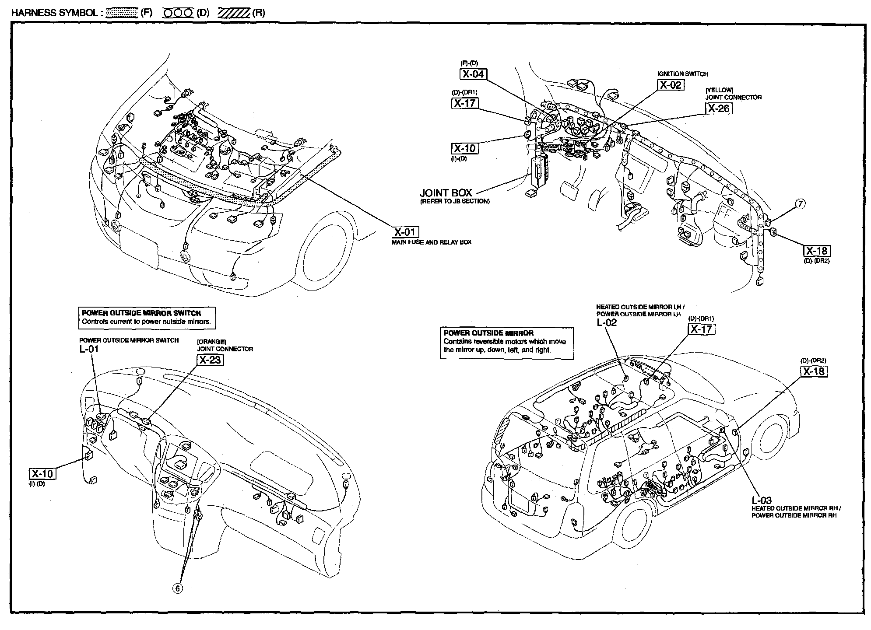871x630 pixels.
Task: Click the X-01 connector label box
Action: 405,232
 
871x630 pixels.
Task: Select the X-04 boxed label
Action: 474,74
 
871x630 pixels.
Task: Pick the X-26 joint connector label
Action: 719,108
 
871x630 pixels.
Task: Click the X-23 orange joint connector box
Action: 210,360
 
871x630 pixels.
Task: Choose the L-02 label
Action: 607,323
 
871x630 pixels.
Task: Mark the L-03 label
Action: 762,500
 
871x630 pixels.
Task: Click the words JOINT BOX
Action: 446,193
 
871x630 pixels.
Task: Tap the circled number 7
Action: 800,203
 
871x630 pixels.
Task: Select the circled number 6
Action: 178,588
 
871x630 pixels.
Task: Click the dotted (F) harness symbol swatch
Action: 122,13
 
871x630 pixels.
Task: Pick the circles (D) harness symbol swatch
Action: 178,13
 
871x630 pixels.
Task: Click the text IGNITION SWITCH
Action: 683,74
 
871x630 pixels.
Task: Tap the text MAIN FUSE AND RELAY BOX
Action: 432,242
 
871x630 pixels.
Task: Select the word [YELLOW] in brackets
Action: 719,90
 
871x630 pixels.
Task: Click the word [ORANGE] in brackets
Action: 211,342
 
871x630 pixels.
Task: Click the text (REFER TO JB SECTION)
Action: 455,202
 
